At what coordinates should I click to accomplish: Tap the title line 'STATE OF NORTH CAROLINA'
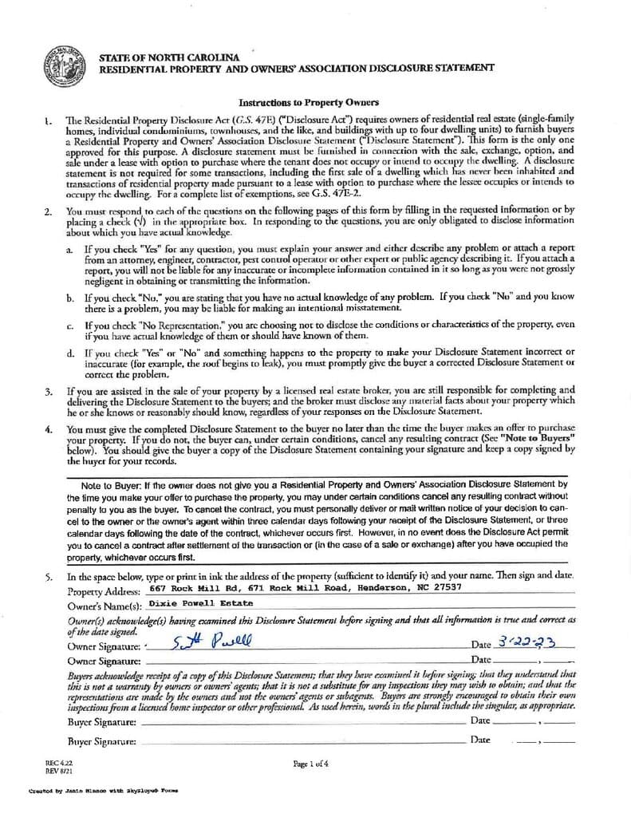coord(168,58)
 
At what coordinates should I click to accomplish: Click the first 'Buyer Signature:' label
coord(101,721)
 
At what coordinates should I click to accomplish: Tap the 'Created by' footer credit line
coord(103,791)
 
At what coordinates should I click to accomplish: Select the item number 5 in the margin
coord(49,575)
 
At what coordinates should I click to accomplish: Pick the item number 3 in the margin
coord(49,391)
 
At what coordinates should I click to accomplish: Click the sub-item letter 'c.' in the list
coord(70,326)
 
